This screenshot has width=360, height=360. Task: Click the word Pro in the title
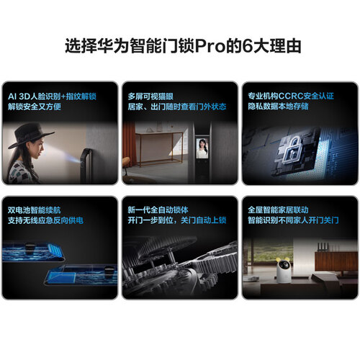click(x=210, y=45)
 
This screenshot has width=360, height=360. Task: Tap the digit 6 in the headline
click(x=248, y=45)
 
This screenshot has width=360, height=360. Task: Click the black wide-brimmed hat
click(x=31, y=135)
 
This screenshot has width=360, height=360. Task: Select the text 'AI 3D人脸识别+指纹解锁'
click(x=52, y=96)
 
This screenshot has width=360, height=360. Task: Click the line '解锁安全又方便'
click(x=35, y=107)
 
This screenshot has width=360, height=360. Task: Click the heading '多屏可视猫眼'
click(x=150, y=96)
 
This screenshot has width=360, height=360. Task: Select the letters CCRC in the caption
click(x=290, y=96)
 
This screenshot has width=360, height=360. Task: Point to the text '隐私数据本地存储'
click(x=279, y=107)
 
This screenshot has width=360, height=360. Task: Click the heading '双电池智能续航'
click(x=35, y=210)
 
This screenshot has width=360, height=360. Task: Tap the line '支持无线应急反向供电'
click(x=45, y=220)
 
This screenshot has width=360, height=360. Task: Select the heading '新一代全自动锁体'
click(x=158, y=210)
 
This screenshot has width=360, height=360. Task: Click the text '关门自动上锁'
click(x=204, y=220)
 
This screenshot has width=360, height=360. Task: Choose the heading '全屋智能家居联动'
click(x=279, y=210)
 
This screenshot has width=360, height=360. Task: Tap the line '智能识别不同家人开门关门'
click(x=293, y=220)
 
